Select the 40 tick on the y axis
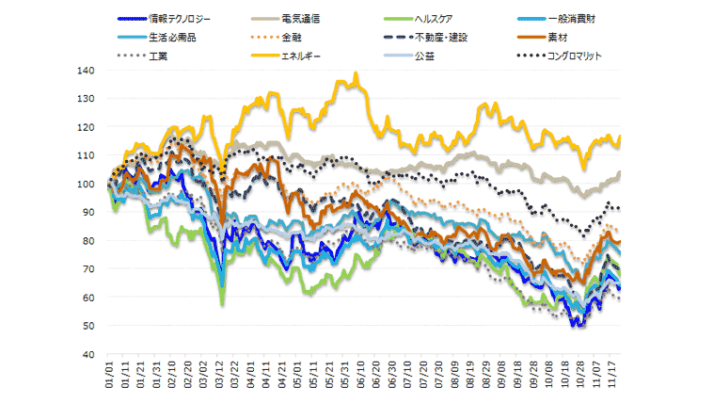tap(87, 354)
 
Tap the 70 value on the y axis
tap(87, 269)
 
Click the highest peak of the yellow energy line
tap(356, 73)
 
